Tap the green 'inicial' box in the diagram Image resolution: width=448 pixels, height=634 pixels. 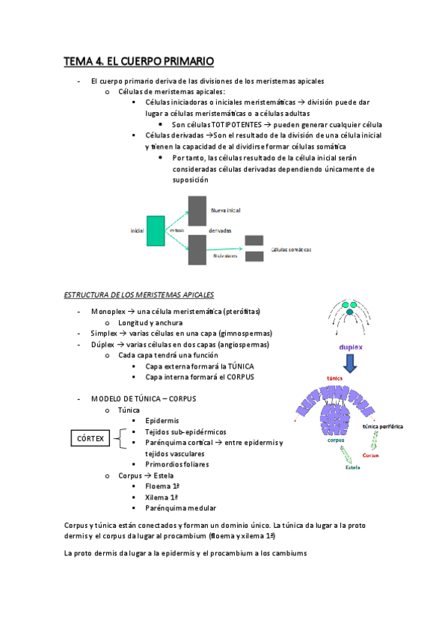(156, 230)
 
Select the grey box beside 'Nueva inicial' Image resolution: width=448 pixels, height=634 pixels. (197, 210)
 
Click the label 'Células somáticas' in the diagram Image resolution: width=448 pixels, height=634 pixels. (292, 249)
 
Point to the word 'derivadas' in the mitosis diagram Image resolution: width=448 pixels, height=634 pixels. (220, 230)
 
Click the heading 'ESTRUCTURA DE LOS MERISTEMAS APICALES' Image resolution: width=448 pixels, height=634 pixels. (139, 295)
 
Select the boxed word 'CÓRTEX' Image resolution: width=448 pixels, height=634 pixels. (90, 437)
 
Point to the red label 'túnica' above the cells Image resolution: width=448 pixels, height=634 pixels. (334, 380)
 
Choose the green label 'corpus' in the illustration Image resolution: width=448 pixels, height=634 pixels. (335, 440)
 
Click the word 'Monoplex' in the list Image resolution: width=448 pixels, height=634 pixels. (107, 310)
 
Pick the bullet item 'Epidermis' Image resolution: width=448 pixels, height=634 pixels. (162, 420)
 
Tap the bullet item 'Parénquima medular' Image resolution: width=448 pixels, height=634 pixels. (176, 508)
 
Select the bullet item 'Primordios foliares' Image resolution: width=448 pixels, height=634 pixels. (177, 464)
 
